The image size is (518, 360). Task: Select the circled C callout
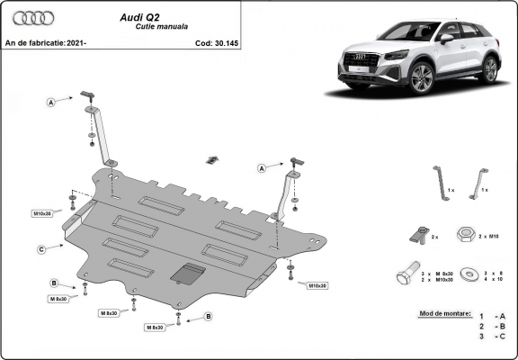pyautogui.click(x=41, y=248)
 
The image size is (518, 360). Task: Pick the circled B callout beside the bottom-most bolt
pyautogui.click(x=209, y=316)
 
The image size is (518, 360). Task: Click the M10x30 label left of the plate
pyautogui.click(x=42, y=214)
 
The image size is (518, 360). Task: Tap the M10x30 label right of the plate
pyautogui.click(x=317, y=285)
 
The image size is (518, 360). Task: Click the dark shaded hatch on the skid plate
pyautogui.click(x=186, y=273)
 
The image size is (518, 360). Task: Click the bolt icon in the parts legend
pyautogui.click(x=406, y=274)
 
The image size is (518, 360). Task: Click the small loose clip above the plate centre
pyautogui.click(x=211, y=160)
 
